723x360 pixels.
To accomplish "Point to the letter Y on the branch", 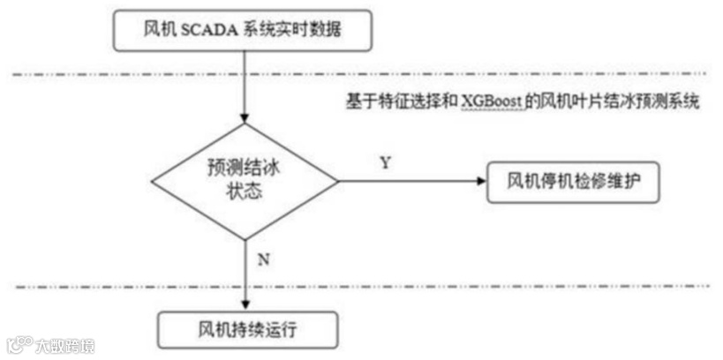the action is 386,163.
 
